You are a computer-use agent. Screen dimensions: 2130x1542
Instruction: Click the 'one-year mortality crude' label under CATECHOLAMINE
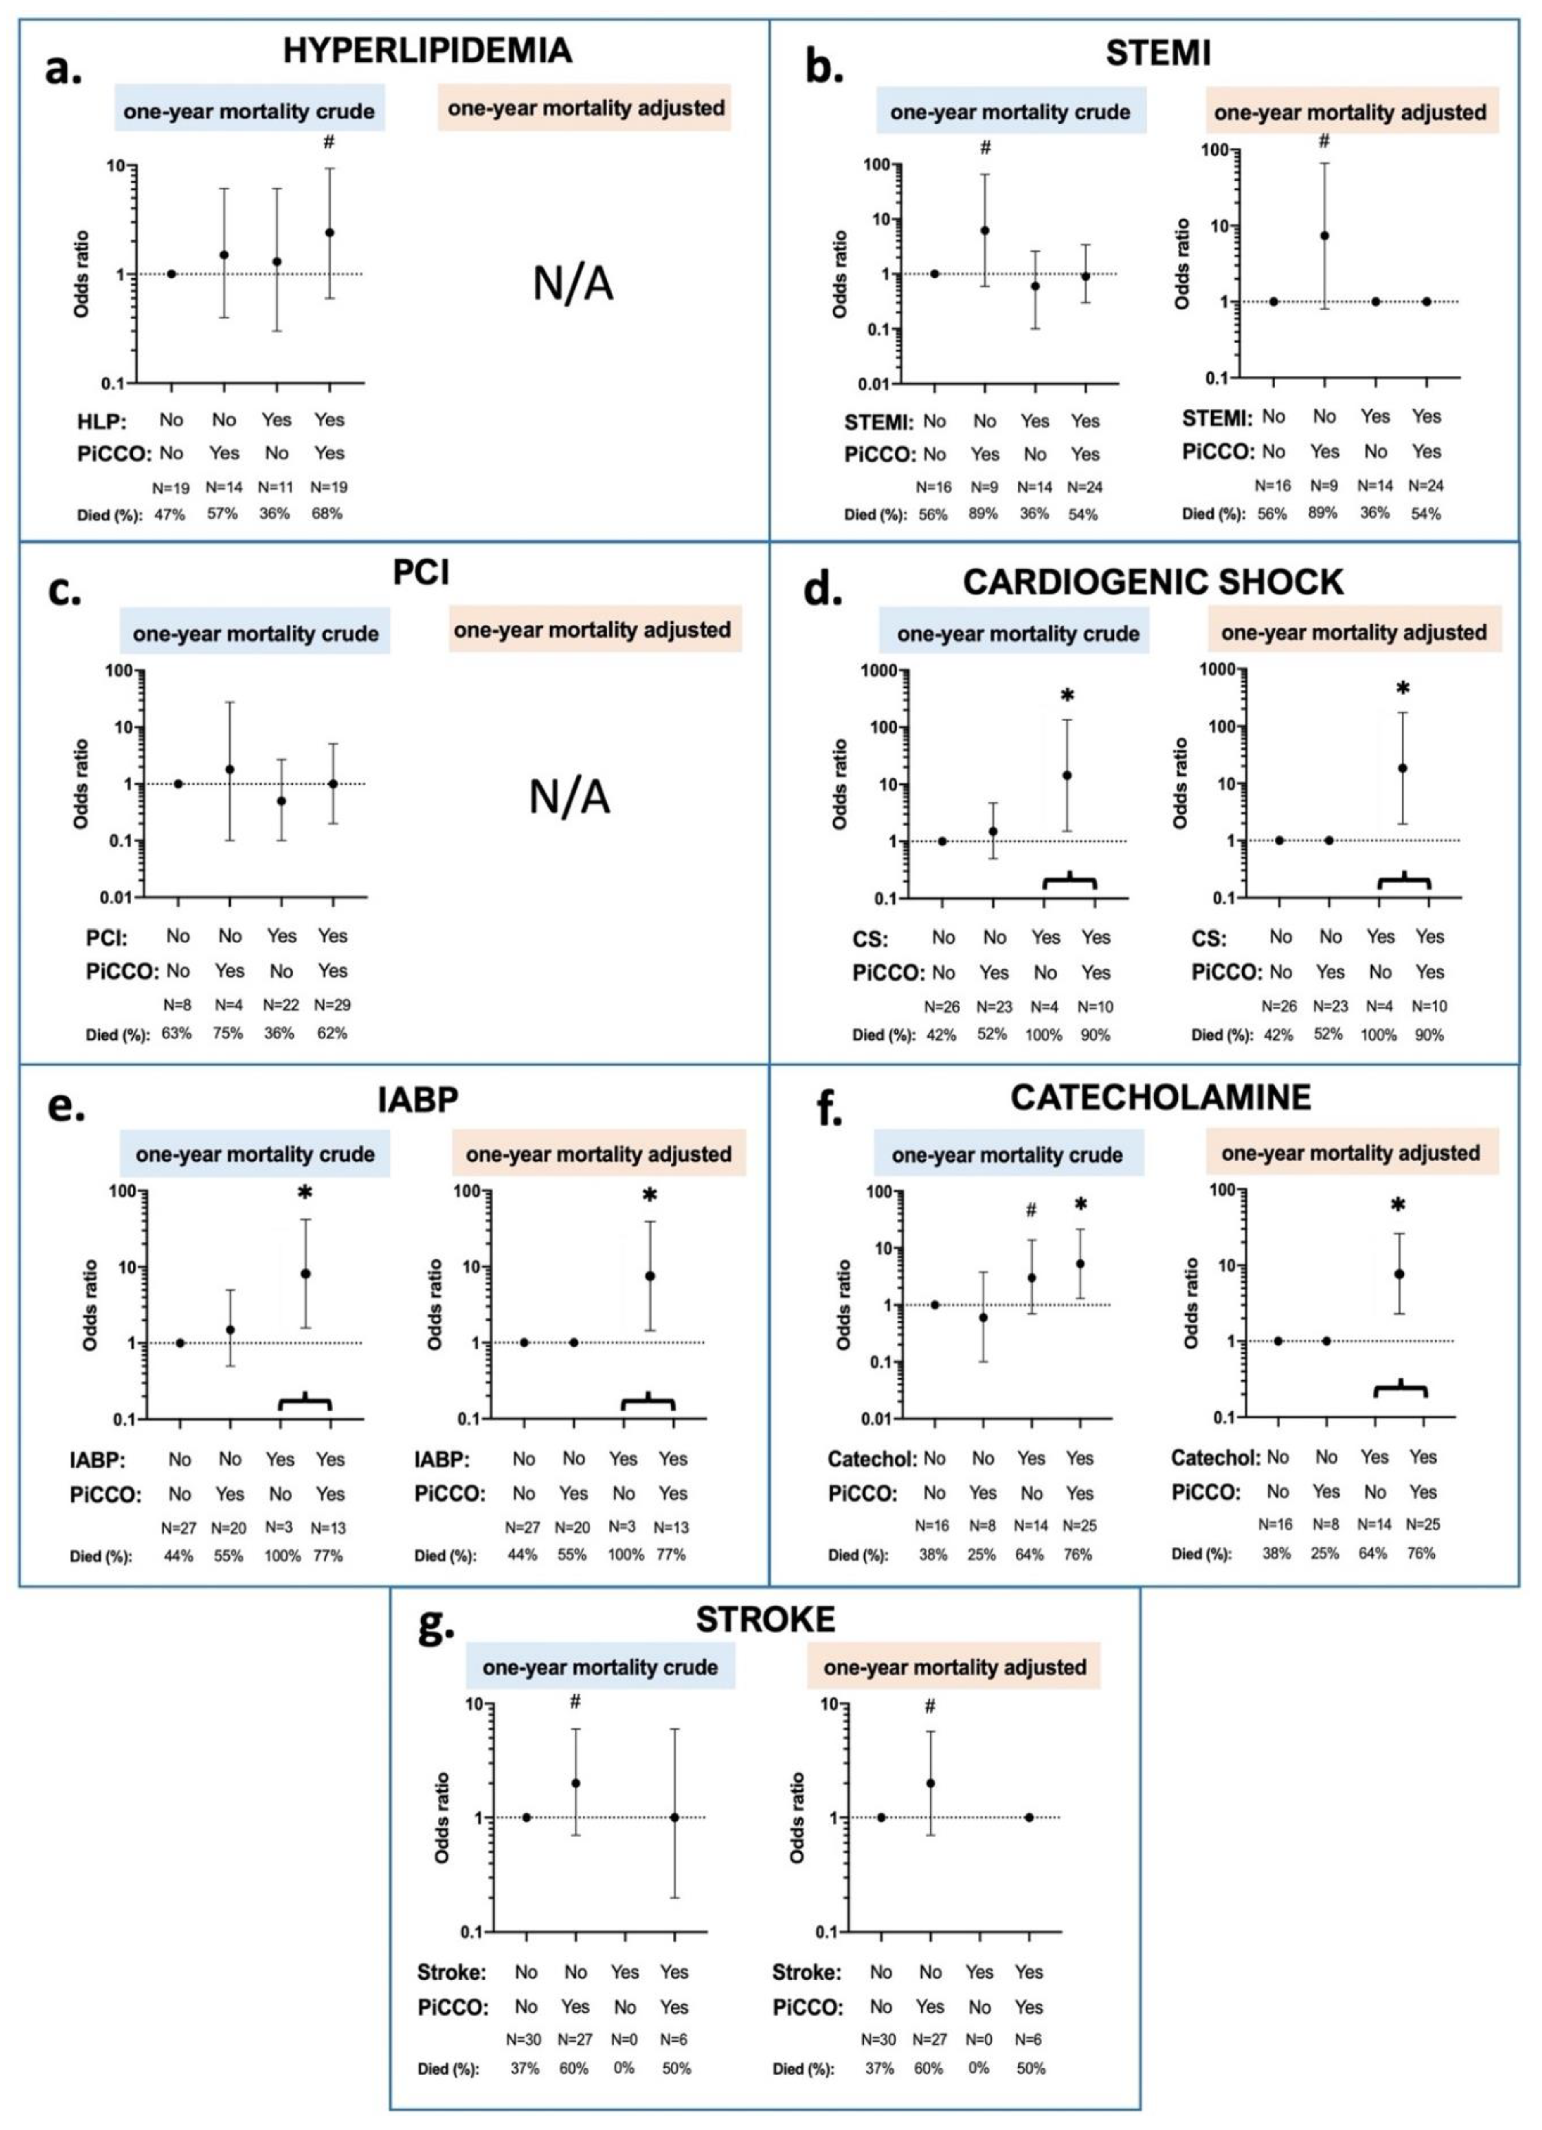point(1008,1154)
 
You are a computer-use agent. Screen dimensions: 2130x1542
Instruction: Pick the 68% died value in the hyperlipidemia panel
point(328,514)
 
